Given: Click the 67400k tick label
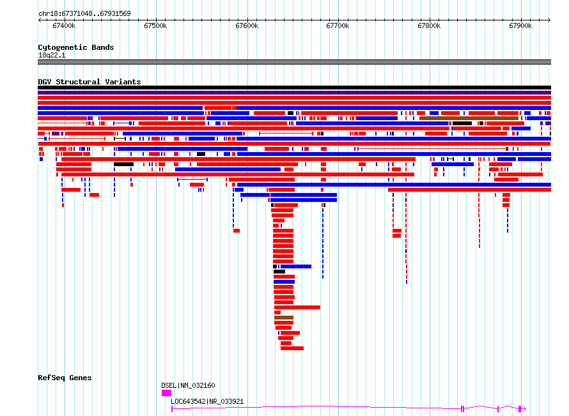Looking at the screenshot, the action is tap(64, 26).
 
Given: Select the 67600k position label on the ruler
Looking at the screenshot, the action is tap(247, 26).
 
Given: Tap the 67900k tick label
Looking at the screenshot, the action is tap(520, 26).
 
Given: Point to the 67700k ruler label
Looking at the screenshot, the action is tap(338, 26).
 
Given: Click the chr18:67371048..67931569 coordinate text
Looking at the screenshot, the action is tap(84, 14).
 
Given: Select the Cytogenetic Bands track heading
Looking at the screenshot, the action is tap(76, 47).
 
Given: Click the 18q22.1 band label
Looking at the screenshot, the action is tap(52, 55).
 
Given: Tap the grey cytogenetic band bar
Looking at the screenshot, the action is tap(294, 62).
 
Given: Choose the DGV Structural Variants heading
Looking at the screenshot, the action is tap(90, 82).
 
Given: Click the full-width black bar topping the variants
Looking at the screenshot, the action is tap(294, 88).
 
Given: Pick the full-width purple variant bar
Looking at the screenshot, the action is tap(294, 93).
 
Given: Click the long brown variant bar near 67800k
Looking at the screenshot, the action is tap(469, 118).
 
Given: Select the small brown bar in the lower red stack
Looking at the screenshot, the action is tap(284, 318).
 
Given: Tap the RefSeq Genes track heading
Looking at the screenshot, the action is tap(65, 378).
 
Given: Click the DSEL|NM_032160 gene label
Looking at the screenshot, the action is tap(188, 385).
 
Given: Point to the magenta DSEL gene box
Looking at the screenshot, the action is tap(167, 393).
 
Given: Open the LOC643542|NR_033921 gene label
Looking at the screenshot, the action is tap(207, 401).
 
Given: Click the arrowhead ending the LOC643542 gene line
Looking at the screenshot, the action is tap(524, 409).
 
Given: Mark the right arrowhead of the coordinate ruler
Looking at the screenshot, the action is tap(549, 20).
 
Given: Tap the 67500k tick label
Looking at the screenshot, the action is tap(155, 26).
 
